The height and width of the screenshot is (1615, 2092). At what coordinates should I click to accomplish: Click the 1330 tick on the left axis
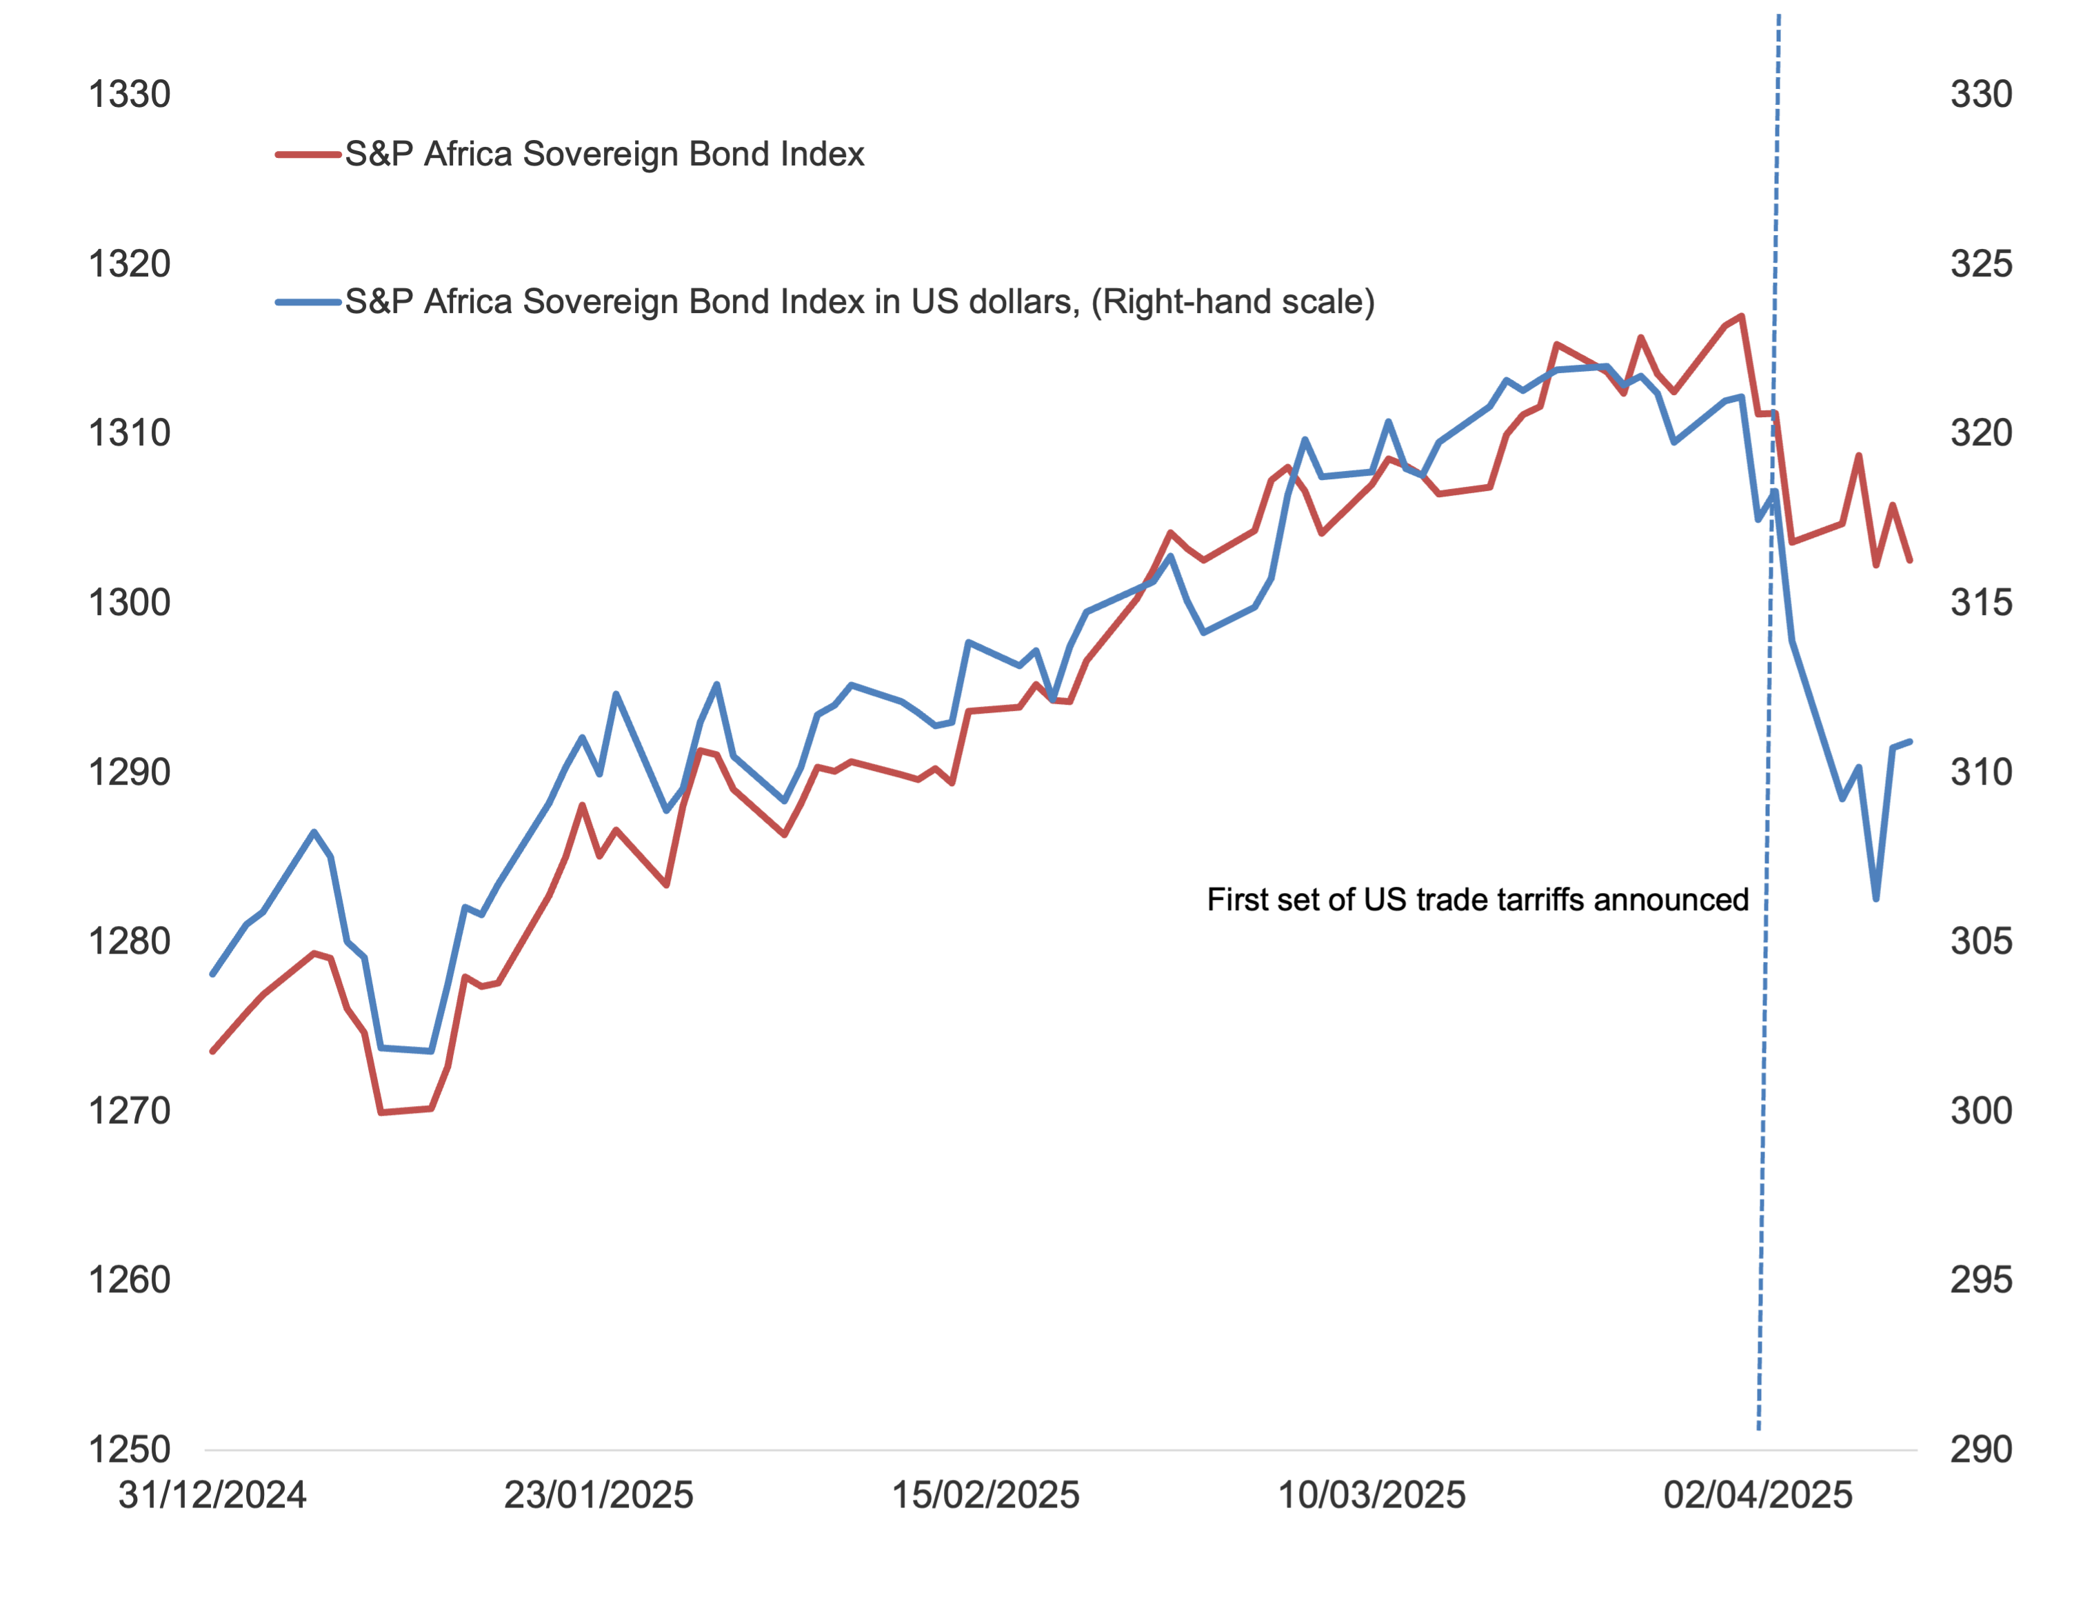[130, 94]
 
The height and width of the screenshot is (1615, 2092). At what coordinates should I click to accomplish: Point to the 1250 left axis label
[130, 1450]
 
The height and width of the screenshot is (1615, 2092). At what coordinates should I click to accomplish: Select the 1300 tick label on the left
[130, 603]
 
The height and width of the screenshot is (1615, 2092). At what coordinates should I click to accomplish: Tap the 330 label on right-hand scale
[1981, 94]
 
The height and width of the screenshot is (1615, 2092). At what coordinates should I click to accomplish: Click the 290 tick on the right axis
[1981, 1450]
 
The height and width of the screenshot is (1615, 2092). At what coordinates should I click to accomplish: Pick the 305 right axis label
[1981, 941]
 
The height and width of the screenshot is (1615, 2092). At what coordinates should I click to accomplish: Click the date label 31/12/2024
[212, 1495]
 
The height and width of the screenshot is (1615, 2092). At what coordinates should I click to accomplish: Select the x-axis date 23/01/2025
[599, 1495]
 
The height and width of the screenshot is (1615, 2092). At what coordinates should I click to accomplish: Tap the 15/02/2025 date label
[985, 1495]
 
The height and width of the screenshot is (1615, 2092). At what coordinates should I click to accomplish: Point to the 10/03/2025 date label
[1371, 1495]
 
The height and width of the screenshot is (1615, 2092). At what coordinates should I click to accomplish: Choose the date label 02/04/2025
[1758, 1495]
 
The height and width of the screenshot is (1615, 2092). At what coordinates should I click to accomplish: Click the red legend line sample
[308, 154]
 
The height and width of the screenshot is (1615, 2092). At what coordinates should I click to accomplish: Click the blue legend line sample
[308, 303]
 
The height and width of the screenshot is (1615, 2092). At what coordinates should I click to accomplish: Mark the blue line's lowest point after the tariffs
[1875, 899]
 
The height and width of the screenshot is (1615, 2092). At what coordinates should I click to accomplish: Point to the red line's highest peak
[1742, 315]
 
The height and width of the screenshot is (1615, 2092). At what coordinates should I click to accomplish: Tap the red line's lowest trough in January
[381, 1112]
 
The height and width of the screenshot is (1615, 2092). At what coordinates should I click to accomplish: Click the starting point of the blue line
[212, 974]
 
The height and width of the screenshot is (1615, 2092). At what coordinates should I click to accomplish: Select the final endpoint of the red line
[1910, 561]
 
